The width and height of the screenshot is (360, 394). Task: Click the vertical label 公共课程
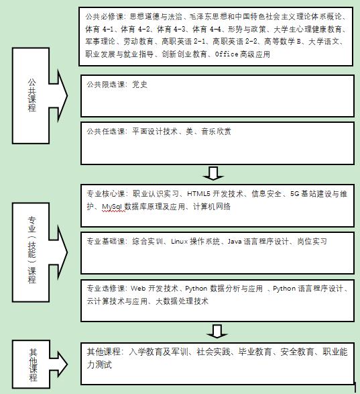point(32,95)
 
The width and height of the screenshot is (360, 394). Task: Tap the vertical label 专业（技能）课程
point(32,250)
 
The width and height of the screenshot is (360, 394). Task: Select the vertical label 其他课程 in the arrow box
point(33,365)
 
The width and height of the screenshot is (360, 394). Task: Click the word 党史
point(139,85)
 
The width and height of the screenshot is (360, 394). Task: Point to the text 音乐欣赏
point(216,131)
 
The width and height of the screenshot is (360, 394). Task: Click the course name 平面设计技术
point(155,131)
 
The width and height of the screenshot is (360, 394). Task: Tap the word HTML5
point(198,194)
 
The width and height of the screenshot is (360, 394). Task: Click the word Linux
point(180,242)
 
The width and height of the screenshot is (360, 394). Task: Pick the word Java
point(235,242)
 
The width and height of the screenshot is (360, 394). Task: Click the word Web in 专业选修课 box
point(138,289)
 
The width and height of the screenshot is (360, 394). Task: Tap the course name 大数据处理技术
point(182,301)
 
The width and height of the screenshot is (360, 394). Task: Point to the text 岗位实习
point(312,242)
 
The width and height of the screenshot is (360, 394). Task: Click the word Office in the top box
point(227,54)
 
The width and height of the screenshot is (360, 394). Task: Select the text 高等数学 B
point(283,42)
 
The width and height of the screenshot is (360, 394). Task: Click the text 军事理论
point(100,42)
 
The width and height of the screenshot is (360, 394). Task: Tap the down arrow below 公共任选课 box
point(213,173)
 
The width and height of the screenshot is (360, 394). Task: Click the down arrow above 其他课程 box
point(217,332)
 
